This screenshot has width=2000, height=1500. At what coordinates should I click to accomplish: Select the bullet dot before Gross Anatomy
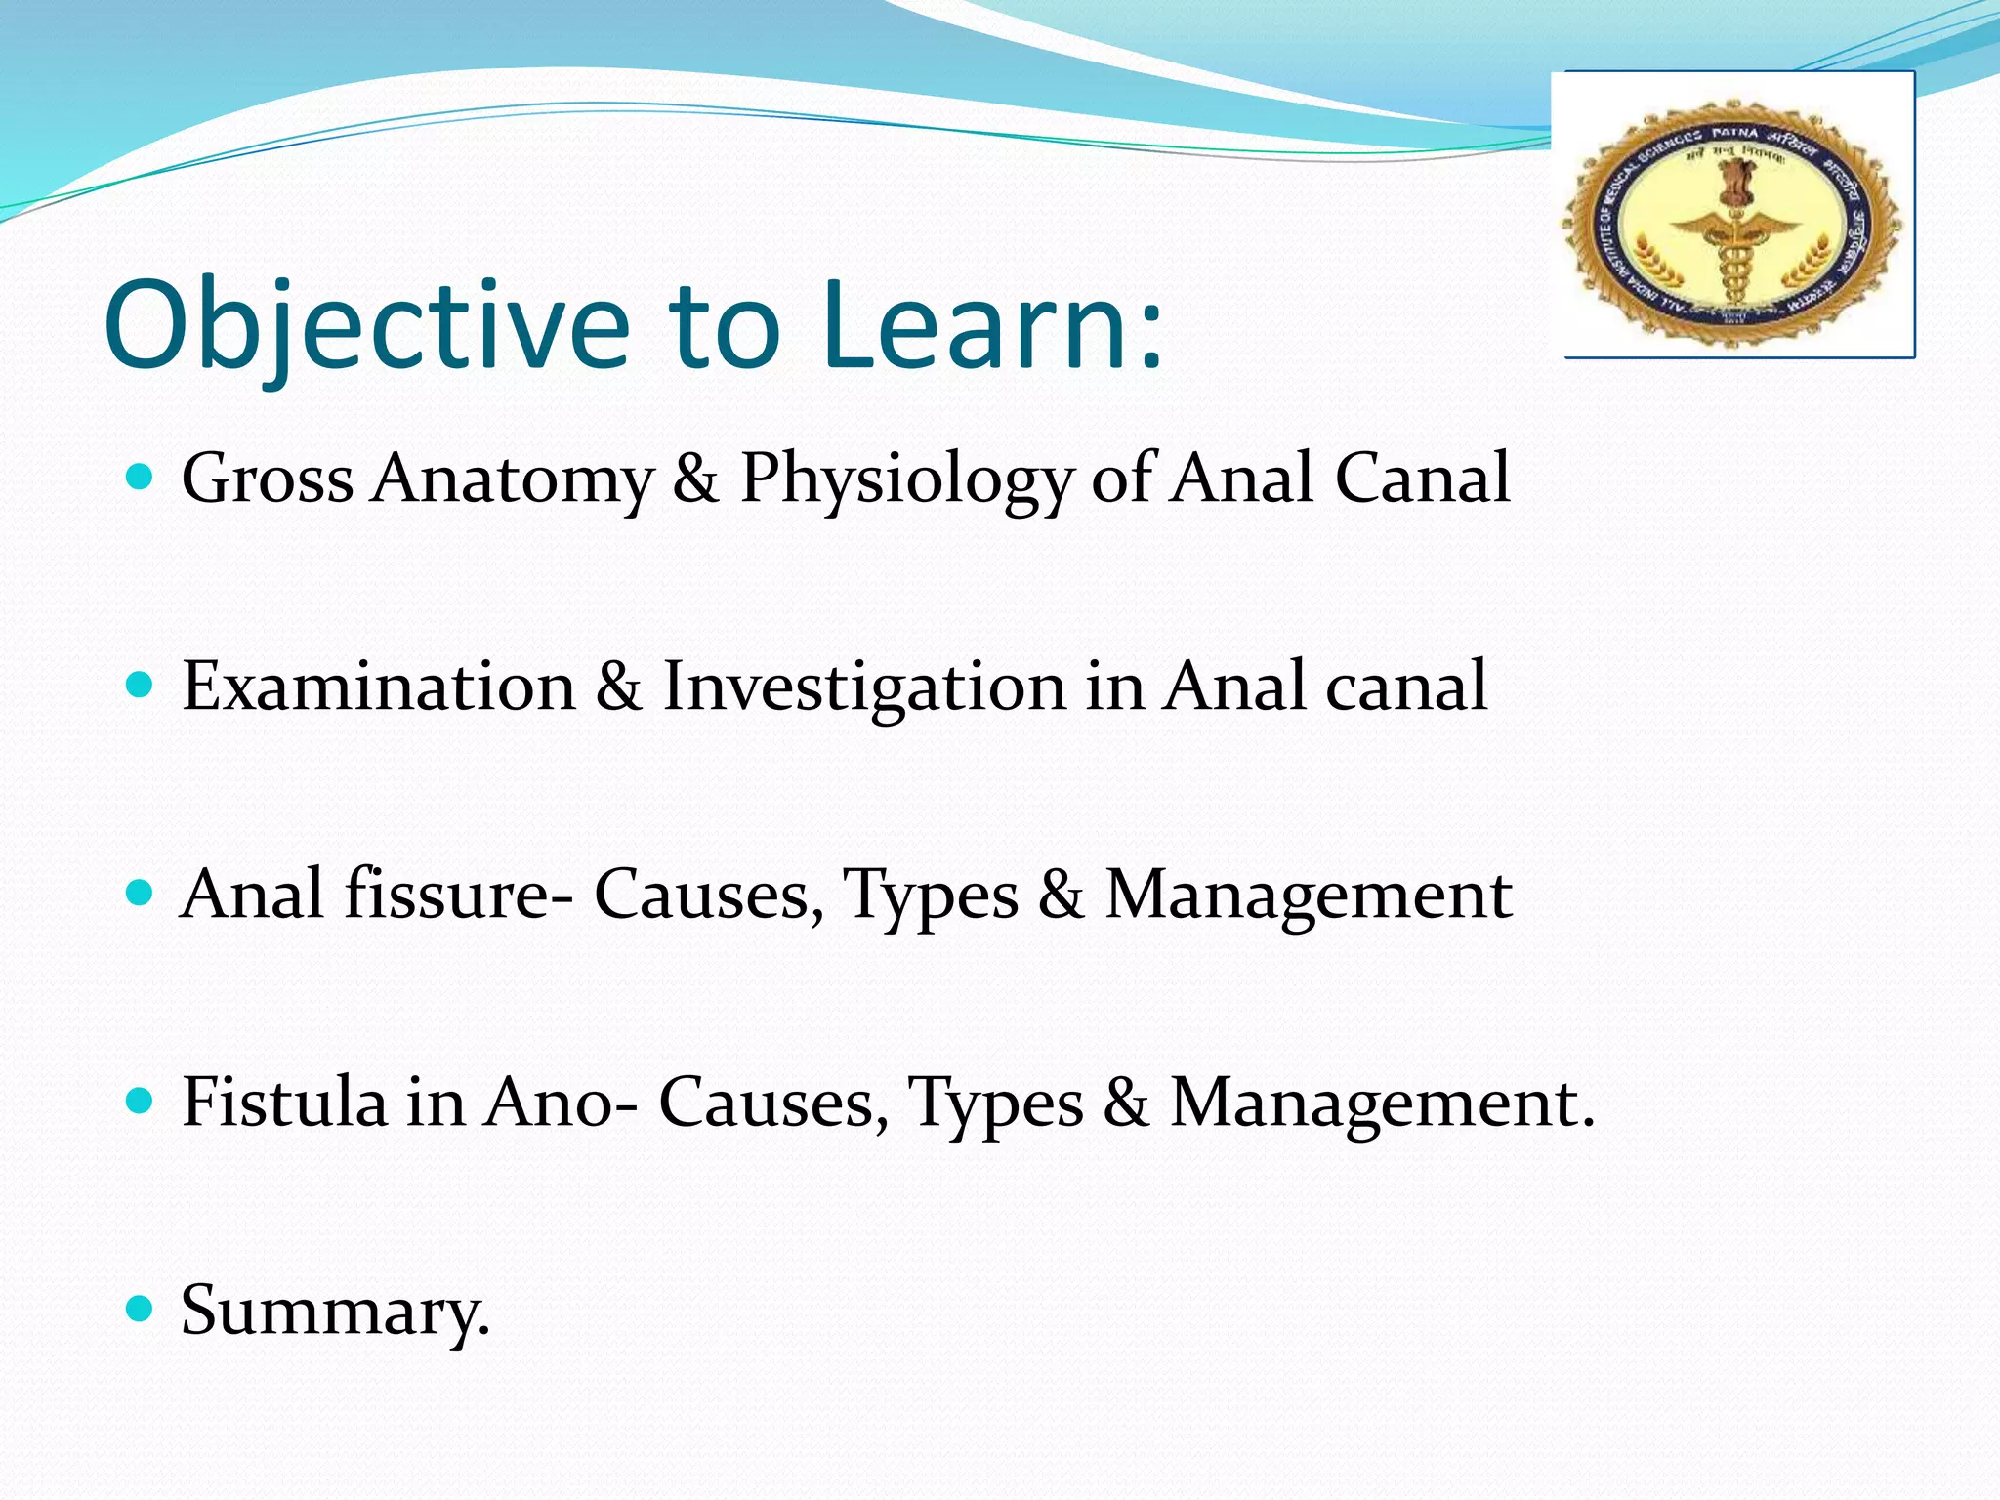click(141, 478)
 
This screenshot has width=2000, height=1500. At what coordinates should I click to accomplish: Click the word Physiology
click(905, 479)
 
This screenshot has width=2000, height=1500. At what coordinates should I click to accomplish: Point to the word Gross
click(267, 479)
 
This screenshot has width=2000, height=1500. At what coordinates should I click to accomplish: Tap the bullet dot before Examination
click(141, 686)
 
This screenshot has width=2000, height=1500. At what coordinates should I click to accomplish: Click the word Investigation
click(863, 687)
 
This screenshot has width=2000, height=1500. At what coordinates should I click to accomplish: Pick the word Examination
click(379, 686)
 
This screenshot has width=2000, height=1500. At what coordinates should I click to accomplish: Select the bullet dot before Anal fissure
click(141, 894)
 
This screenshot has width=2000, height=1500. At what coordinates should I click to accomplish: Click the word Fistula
click(284, 1102)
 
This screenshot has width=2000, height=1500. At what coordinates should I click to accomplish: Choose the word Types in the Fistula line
click(995, 1104)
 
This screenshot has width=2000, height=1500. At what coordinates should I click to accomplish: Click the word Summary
click(333, 1312)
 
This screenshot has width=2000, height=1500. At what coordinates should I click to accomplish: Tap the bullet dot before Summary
click(141, 1309)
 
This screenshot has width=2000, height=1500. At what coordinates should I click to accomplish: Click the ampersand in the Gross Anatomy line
click(695, 479)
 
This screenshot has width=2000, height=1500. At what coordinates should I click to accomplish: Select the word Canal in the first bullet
click(1422, 479)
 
